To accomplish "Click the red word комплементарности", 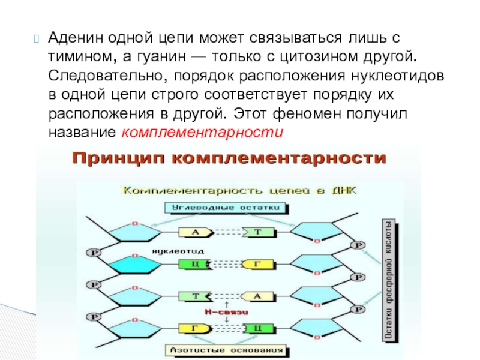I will pyautogui.click(x=202, y=132).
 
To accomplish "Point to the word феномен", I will pyautogui.click(x=308, y=113).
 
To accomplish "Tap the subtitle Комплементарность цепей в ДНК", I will pyautogui.click(x=239, y=191).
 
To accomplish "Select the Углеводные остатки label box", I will pyautogui.click(x=226, y=208).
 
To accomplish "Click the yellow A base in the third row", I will pyautogui.click(x=258, y=296).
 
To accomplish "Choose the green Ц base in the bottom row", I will pyautogui.click(x=257, y=328).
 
